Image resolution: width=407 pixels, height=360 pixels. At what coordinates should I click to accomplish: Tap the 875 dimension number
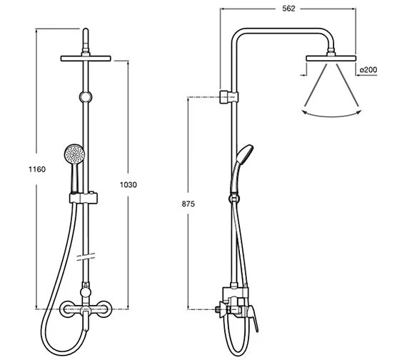pos(188,204)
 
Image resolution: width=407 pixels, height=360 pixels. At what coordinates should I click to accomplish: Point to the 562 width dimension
pos(288,9)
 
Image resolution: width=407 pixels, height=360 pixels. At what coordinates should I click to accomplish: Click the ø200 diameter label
pos(368,69)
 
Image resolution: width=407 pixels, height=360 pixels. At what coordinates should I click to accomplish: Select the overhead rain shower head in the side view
pos(331,57)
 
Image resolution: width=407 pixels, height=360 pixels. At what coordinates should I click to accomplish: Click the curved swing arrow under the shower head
pos(331,113)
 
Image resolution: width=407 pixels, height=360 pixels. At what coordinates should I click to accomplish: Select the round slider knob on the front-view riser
pos(86,96)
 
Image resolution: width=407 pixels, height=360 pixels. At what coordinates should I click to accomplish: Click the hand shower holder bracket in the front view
pos(86,196)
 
